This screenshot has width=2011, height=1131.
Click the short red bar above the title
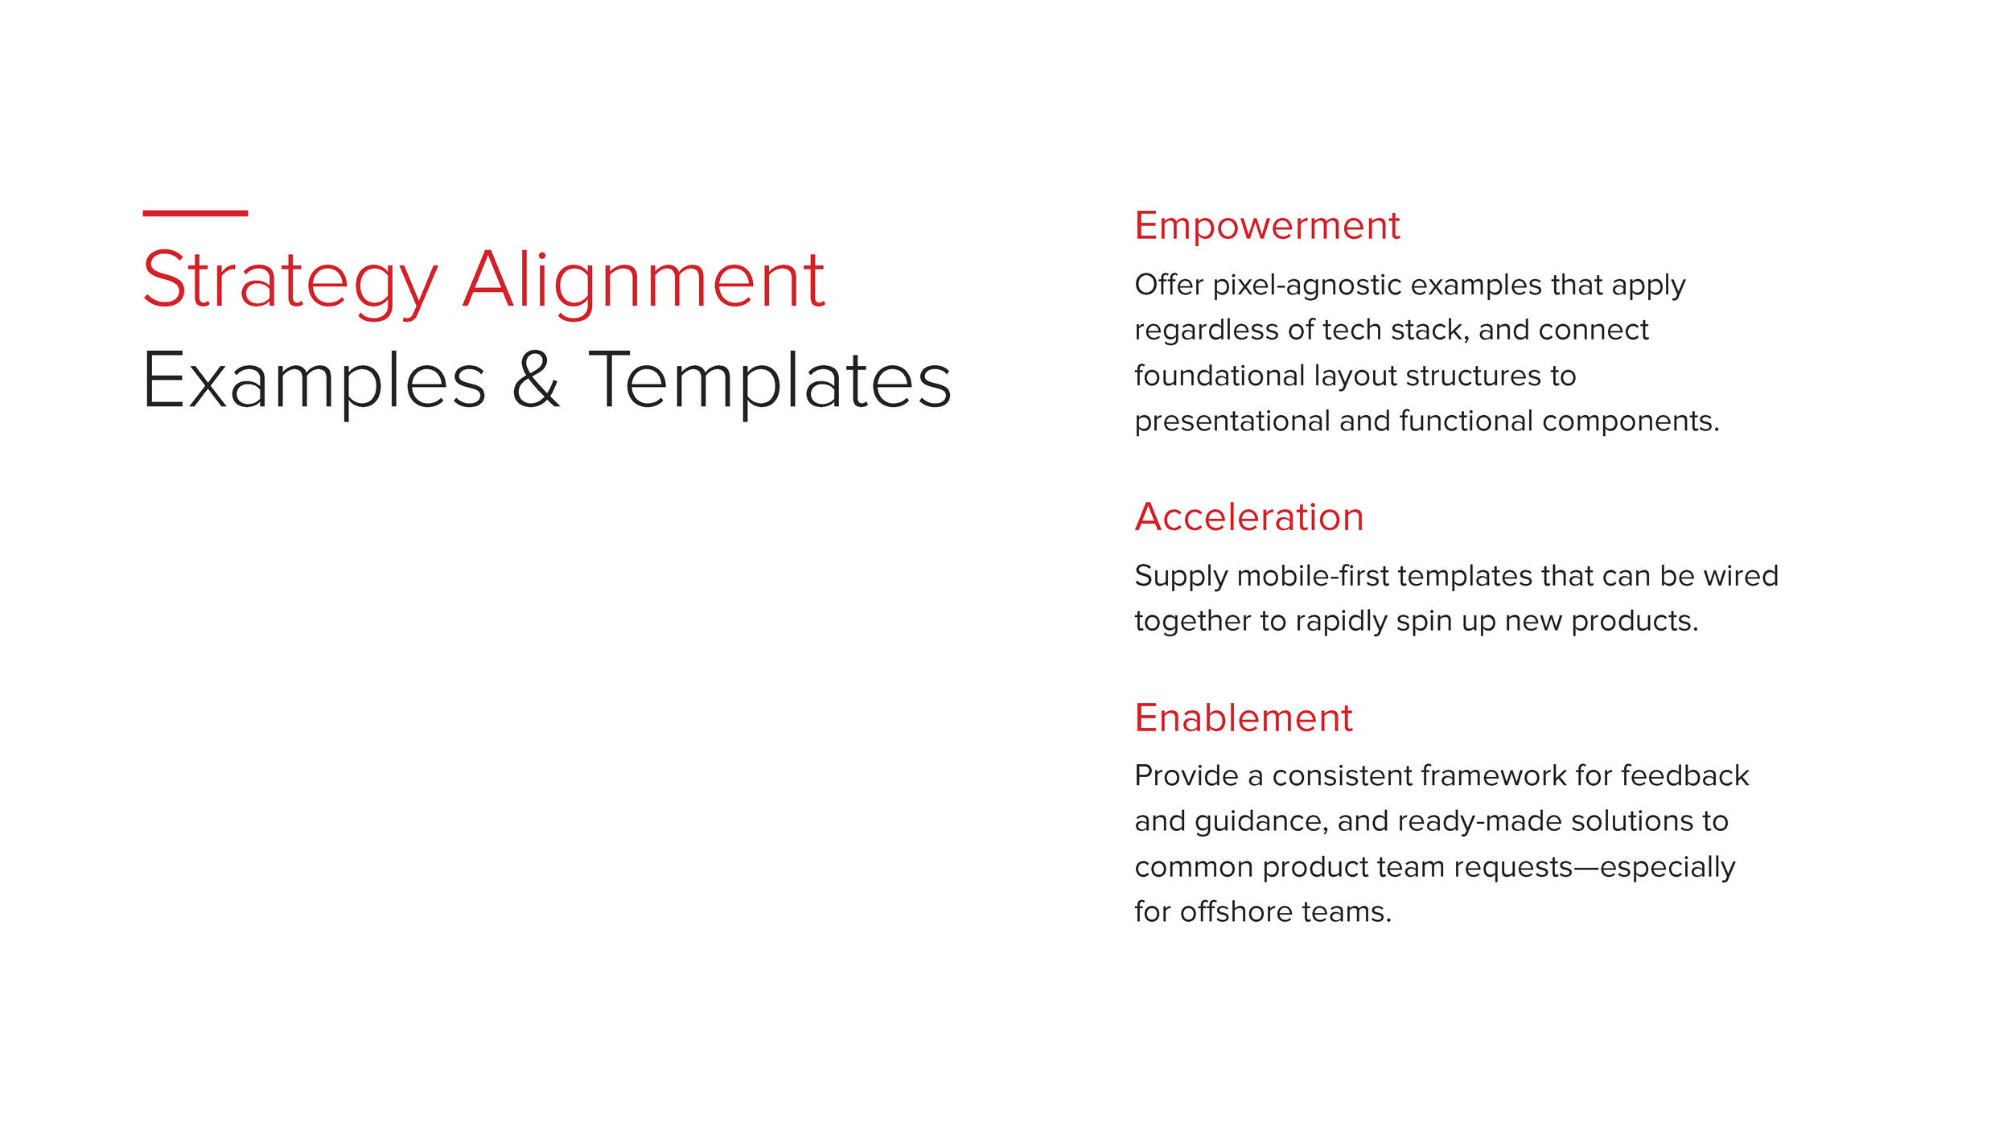tap(195, 213)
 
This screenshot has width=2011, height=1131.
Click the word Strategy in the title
tap(290, 282)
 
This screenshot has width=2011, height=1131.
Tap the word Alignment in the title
tap(644, 282)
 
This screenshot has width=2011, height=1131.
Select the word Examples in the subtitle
tap(314, 381)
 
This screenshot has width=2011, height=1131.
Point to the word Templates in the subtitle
tap(770, 381)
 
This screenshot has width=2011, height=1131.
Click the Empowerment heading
tap(1267, 226)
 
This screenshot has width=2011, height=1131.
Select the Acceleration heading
tap(1249, 517)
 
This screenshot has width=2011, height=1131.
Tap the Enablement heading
tap(1244, 718)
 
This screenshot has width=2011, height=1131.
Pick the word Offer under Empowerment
tap(1169, 285)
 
